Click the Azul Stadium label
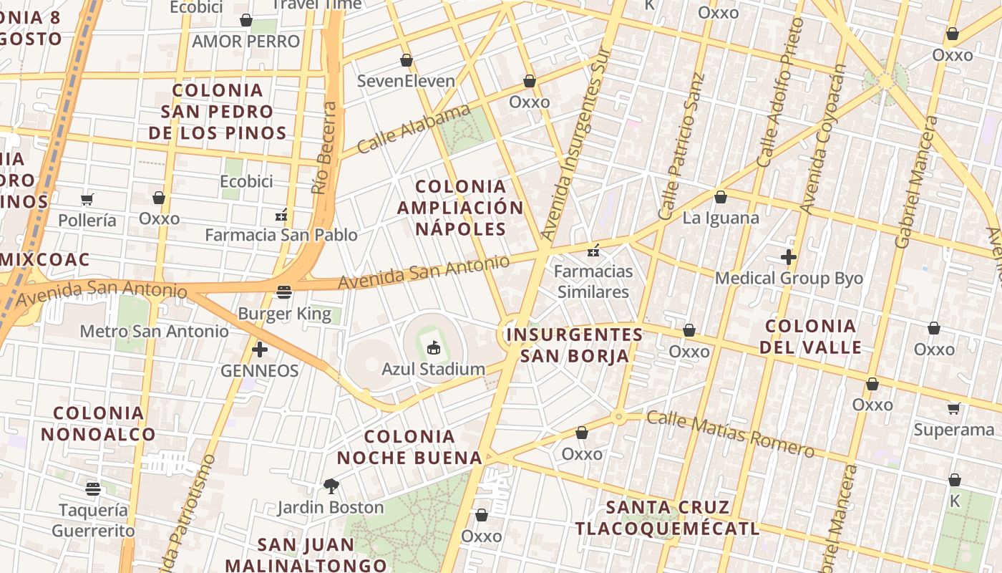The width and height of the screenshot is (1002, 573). click(x=433, y=370)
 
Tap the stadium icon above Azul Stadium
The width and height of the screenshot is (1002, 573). click(x=433, y=348)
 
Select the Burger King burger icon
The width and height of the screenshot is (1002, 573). click(x=284, y=292)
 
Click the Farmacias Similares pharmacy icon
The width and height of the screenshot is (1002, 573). click(x=593, y=251)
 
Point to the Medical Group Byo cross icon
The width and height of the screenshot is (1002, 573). click(x=789, y=257)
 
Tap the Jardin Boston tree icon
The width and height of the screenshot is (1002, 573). click(x=331, y=486)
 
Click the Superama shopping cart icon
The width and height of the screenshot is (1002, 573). click(x=953, y=409)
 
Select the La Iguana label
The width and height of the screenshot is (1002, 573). click(x=721, y=218)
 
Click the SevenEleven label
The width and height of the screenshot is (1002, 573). click(x=406, y=81)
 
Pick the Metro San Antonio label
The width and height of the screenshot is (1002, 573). click(x=154, y=331)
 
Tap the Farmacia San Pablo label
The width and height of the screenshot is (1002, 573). click(x=281, y=235)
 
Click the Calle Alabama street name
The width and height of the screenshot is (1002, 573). click(x=414, y=129)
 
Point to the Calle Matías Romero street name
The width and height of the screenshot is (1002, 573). click(x=730, y=434)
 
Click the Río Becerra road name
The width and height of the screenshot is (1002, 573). click(x=324, y=148)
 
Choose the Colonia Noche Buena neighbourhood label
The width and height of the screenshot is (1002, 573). click(x=409, y=447)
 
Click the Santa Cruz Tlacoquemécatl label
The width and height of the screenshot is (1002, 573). click(x=667, y=518)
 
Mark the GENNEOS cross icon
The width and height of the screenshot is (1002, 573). click(x=260, y=350)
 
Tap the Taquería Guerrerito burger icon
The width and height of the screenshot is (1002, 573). click(x=93, y=489)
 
